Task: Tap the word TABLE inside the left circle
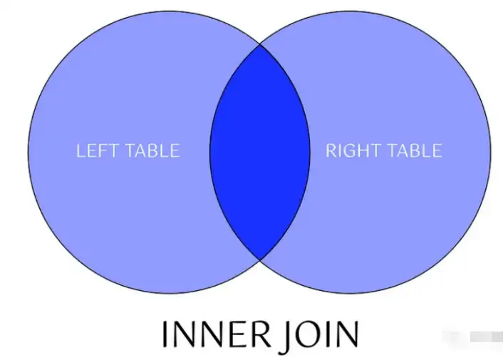[152, 151]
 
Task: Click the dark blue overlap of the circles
[259, 152]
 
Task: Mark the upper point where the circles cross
[259, 46]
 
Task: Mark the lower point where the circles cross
[259, 258]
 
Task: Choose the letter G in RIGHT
[351, 151]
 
